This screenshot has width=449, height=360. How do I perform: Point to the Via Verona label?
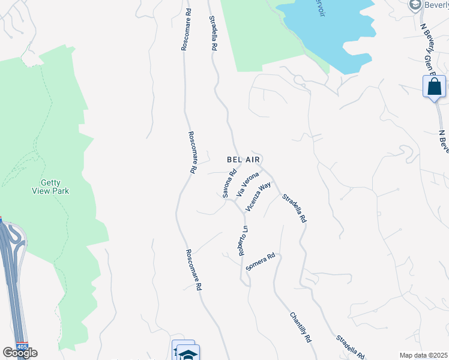[247, 184]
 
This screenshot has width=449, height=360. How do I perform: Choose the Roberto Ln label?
[243, 241]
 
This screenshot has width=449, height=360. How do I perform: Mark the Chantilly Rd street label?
[300, 327]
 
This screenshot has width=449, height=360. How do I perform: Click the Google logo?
[20, 353]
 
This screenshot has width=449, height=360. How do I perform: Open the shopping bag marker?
[434, 88]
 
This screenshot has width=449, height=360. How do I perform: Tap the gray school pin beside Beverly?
[414, 5]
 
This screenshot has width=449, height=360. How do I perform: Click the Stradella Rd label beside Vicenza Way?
[294, 208]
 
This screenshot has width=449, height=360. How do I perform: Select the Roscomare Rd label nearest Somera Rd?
[193, 270]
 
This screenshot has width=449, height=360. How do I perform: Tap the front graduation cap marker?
[188, 354]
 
